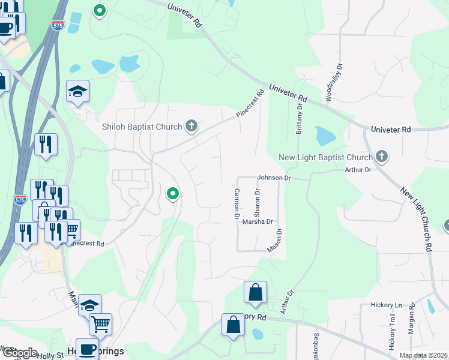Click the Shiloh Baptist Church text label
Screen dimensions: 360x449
(x=142, y=127)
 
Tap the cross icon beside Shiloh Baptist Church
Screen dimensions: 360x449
(x=191, y=126)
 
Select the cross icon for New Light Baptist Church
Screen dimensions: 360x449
(x=382, y=157)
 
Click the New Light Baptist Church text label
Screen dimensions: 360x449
(x=326, y=158)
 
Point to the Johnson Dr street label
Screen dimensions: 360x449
(x=274, y=178)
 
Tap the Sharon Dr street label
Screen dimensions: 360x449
(x=258, y=203)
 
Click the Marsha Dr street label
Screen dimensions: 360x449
(x=258, y=221)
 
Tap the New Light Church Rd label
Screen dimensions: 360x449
(x=417, y=218)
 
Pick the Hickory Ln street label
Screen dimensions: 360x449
(x=390, y=305)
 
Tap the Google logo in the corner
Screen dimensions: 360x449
(x=20, y=353)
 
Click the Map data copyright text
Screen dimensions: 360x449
(x=424, y=355)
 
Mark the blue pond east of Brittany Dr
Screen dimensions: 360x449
(x=325, y=136)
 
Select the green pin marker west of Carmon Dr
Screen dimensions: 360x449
(x=172, y=193)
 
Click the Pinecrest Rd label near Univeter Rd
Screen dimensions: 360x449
(x=250, y=103)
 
